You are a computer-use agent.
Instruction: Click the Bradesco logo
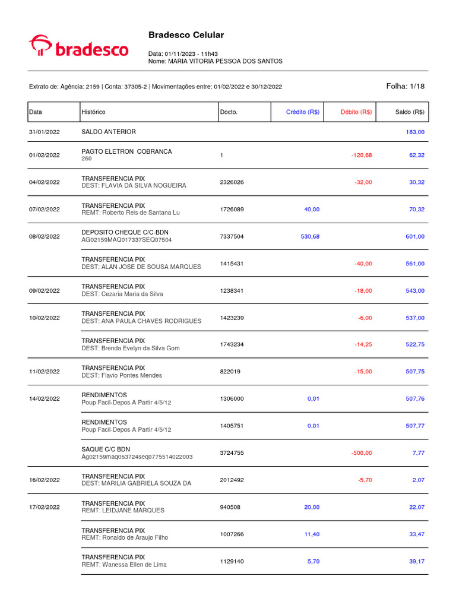point(79,47)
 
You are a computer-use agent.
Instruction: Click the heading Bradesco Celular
point(186,36)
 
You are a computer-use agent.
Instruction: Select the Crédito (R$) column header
point(303,112)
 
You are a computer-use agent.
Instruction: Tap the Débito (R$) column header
point(356,112)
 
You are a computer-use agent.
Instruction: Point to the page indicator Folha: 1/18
point(406,86)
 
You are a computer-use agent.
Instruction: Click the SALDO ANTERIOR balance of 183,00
point(415,132)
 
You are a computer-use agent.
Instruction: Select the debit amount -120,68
point(361,156)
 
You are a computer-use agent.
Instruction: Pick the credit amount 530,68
point(310,237)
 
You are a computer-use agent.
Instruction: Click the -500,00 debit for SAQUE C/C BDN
point(361,453)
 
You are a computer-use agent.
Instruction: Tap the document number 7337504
point(232,237)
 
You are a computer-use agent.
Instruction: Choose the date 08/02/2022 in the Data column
point(45,237)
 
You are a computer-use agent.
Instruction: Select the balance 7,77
point(418,453)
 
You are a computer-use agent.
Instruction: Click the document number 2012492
point(232,480)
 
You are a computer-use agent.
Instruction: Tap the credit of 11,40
point(312,534)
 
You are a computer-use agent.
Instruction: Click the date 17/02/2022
point(45,508)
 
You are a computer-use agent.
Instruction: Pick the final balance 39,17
point(416,562)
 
